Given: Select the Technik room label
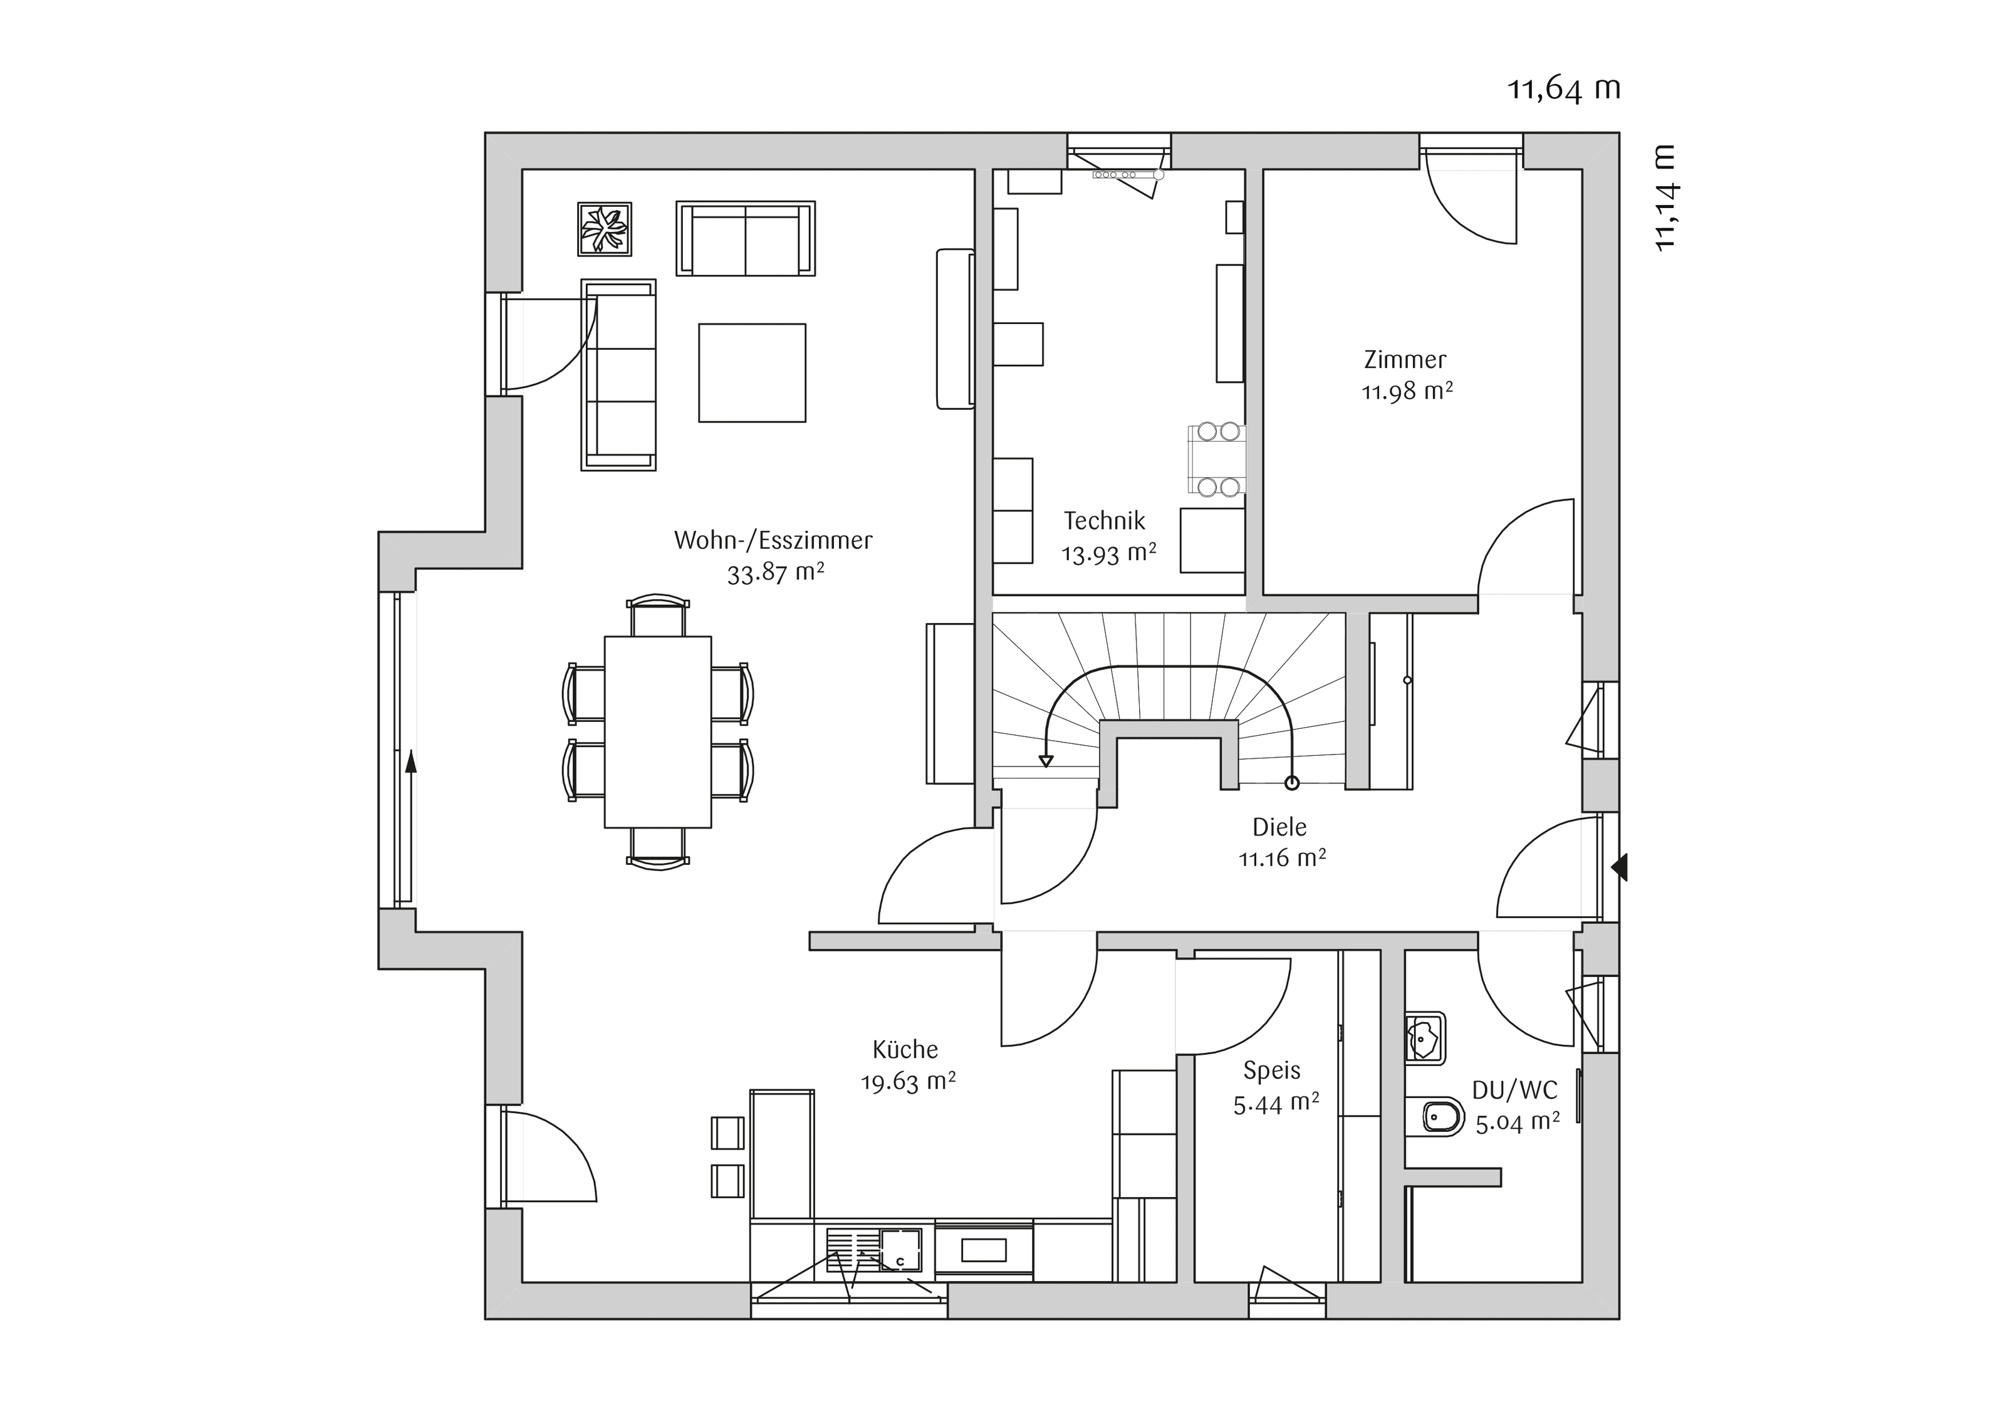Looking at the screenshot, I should click(x=1104, y=521).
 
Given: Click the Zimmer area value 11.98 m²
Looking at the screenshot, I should click(x=1407, y=391).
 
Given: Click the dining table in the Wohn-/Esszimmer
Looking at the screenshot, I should click(x=657, y=731).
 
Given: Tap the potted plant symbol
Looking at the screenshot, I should click(x=604, y=229).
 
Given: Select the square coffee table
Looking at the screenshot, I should click(x=752, y=373).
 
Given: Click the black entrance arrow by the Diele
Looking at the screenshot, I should click(x=1619, y=867).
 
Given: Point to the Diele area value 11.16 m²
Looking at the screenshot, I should click(x=1282, y=858).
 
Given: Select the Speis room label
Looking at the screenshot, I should click(x=1271, y=1070).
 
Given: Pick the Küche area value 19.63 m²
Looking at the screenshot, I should click(x=908, y=1082).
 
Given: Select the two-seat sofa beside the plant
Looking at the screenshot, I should click(x=745, y=239).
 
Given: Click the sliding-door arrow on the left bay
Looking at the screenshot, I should click(x=410, y=762).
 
